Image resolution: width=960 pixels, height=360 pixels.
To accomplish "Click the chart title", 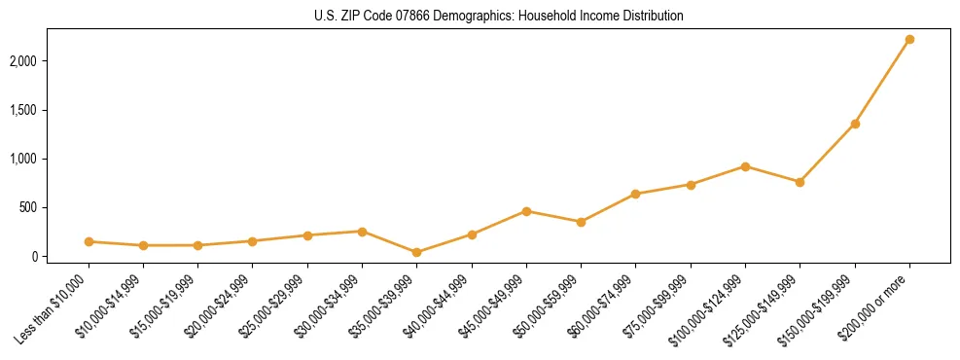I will [499, 17].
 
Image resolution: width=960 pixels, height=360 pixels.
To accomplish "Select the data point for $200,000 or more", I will [909, 40].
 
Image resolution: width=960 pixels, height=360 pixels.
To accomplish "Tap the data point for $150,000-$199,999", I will [855, 124].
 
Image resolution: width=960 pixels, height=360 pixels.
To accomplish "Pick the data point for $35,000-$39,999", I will [416, 252].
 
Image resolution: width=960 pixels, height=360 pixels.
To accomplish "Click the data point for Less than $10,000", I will [89, 241].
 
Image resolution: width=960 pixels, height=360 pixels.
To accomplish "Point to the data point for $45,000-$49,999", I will [526, 211].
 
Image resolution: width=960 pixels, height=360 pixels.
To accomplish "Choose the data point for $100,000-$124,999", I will [745, 166].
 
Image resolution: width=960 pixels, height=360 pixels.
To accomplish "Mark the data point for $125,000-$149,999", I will [800, 182].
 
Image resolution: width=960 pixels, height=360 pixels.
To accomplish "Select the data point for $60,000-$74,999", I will [635, 194].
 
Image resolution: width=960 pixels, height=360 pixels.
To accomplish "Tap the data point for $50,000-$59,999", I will [581, 222].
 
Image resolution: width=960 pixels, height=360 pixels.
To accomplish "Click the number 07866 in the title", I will [418, 17].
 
